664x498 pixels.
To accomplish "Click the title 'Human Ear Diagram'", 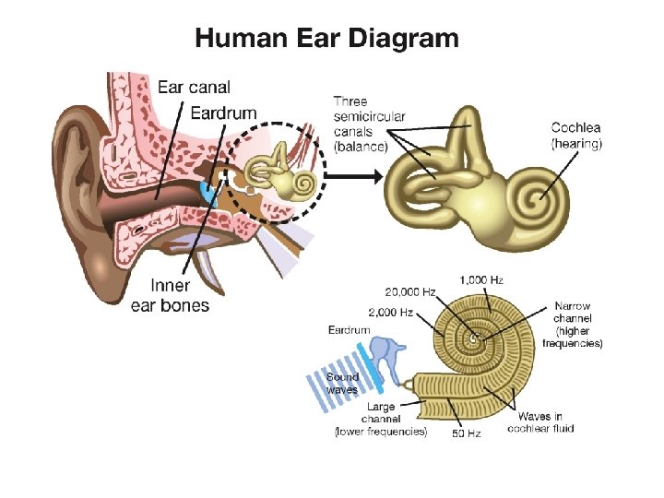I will click(326, 39).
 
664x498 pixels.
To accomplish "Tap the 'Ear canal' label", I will click(194, 88).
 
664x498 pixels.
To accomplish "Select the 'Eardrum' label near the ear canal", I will click(223, 113).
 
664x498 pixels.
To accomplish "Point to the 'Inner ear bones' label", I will click(170, 295).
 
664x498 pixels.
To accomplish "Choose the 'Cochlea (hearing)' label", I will click(576, 136).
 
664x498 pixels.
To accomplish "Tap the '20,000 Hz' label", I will click(402, 292).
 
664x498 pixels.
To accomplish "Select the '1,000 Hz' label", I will click(480, 279).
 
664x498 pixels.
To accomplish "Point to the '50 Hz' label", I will click(467, 433).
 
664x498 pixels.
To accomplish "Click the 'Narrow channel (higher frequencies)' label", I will click(572, 325).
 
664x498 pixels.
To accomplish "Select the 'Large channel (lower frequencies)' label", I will click(381, 419).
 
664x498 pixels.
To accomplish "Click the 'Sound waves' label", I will click(342, 383).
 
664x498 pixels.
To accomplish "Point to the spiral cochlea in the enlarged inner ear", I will click(533, 197).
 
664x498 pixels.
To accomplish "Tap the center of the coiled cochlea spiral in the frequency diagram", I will click(474, 339).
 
